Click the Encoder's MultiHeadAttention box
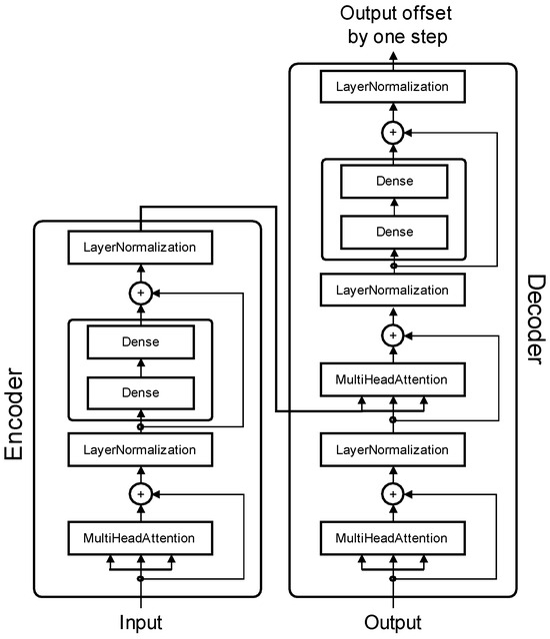click(140, 538)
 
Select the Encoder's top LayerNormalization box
click(140, 246)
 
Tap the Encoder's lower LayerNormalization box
click(140, 449)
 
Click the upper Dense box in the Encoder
click(140, 343)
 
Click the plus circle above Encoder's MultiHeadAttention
click(141, 493)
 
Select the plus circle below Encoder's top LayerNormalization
click(141, 293)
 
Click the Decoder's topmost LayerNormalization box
click(392, 87)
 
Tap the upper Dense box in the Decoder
click(392, 183)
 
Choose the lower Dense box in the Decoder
click(392, 231)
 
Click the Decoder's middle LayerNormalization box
click(392, 290)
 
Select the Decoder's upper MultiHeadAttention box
click(392, 378)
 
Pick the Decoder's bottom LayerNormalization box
click(392, 449)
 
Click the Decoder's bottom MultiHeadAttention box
click(392, 538)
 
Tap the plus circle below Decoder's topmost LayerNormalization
click(393, 132)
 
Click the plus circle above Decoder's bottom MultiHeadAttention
click(393, 493)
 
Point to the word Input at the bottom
click(141, 622)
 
